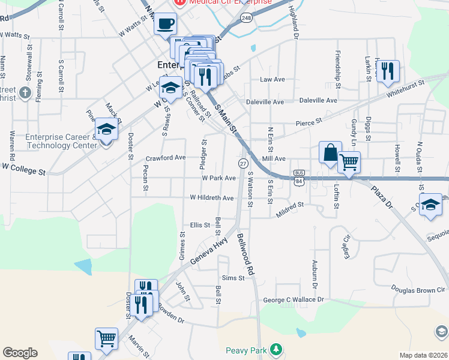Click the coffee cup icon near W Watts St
(165, 25)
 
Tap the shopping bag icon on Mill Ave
(330, 152)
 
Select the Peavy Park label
(247, 350)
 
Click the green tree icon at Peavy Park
(276, 349)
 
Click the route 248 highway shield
(246, 19)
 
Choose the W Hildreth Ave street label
(211, 197)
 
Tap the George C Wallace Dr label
(294, 299)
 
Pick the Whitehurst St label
(406, 88)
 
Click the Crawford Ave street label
(166, 158)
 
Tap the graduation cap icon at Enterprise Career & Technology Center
(106, 129)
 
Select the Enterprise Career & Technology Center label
(61, 142)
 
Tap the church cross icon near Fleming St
(24, 92)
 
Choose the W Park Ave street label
(218, 178)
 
